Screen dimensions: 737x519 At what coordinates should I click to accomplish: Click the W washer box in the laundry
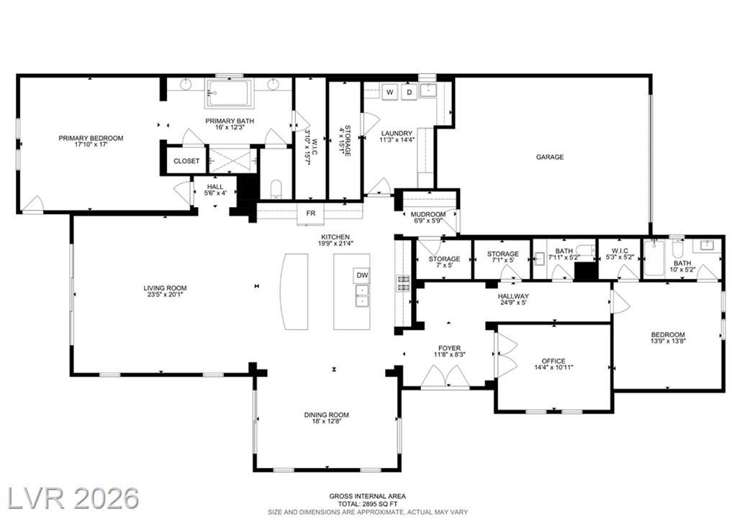click(x=390, y=92)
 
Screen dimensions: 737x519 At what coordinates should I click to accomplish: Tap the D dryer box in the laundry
click(x=410, y=92)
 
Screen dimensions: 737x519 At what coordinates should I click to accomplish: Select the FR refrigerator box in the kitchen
click(x=311, y=213)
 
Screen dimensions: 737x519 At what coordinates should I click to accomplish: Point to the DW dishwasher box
click(x=362, y=275)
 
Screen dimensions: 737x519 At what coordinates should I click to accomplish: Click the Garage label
click(x=550, y=157)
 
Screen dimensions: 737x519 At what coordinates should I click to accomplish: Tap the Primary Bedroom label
click(x=91, y=141)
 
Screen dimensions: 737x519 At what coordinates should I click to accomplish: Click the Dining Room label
click(x=327, y=418)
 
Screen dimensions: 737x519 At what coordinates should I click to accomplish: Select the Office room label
click(x=553, y=364)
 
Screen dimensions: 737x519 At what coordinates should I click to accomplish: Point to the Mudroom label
click(x=428, y=217)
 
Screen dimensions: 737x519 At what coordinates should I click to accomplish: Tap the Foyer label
click(x=450, y=352)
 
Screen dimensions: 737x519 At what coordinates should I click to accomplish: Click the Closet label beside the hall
click(x=186, y=161)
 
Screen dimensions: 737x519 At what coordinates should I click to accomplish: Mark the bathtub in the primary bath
click(x=230, y=93)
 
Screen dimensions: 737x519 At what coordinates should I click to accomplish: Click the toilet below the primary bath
click(x=276, y=188)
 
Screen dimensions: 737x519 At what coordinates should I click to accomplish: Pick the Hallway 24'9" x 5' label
click(x=514, y=299)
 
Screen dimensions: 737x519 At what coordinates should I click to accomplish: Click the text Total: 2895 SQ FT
click(x=368, y=503)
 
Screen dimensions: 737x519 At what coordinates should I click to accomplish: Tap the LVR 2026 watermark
click(x=74, y=498)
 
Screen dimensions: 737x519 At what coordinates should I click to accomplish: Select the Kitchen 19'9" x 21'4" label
click(x=335, y=240)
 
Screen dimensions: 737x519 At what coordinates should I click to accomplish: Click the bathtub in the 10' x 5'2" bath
click(x=654, y=258)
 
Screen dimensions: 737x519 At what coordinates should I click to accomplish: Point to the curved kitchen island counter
click(x=294, y=292)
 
